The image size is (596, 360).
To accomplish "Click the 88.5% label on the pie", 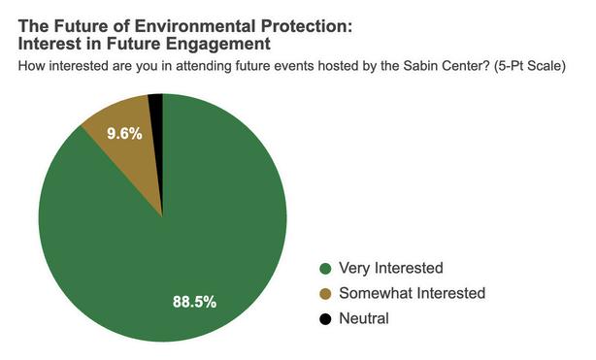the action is pos(194,302).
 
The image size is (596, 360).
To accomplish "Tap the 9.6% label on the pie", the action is pos(124,134).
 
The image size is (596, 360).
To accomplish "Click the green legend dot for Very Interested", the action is pos(325,269).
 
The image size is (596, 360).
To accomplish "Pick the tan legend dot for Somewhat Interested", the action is pos(325,293).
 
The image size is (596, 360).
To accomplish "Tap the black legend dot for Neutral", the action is pos(325,319).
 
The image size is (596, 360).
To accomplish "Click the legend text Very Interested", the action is pos(391,268).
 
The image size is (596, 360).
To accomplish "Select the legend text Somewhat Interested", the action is pos(412,293).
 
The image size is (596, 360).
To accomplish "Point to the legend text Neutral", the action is pos(364,318).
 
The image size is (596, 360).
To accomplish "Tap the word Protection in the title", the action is pos(307,26).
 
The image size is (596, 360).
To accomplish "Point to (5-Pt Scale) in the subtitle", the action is pos(529,66).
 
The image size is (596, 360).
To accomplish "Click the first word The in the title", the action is pos(33,26).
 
